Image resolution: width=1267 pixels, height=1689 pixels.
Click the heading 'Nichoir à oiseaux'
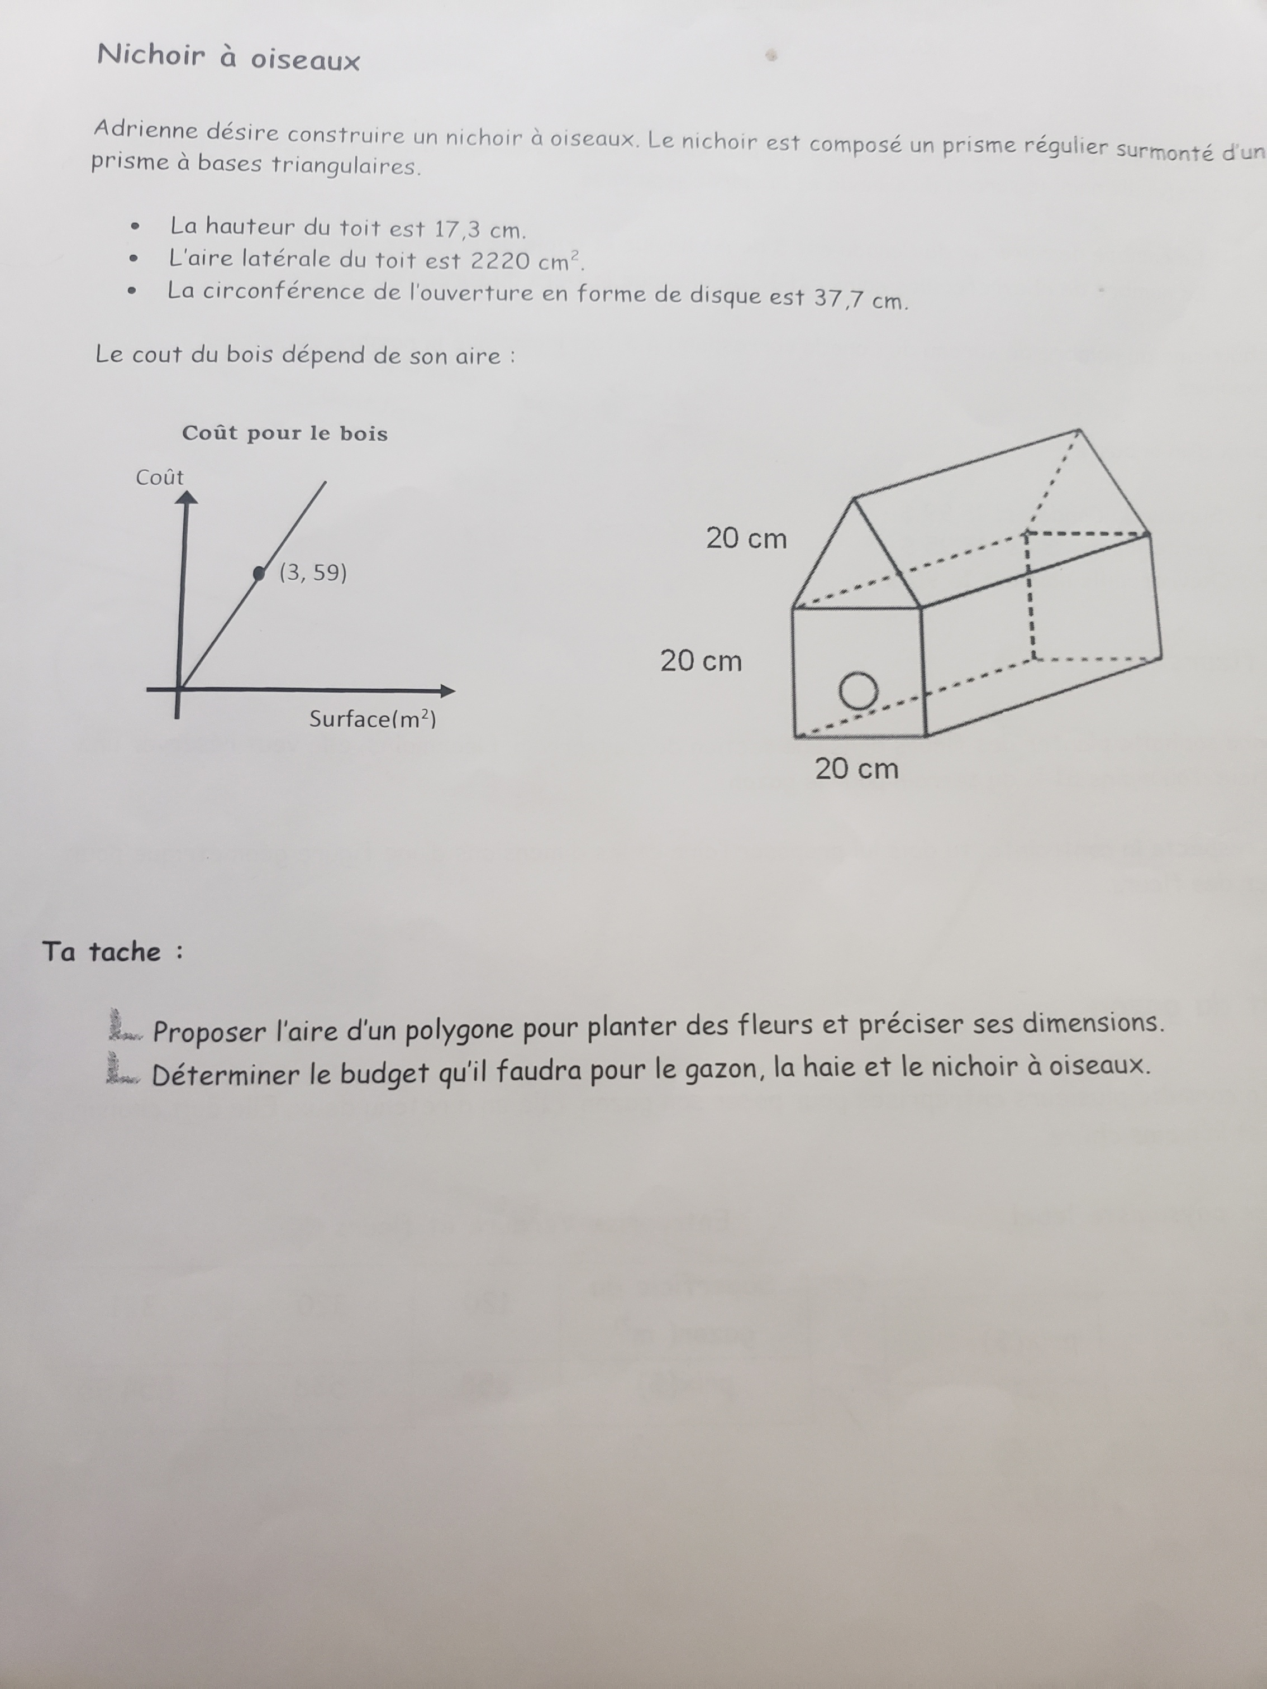[x=227, y=58]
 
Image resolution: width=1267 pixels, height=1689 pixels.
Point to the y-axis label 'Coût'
[x=160, y=478]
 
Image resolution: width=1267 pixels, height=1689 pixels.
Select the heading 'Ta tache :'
[x=112, y=952]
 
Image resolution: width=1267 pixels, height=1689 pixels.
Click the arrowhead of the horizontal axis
[x=447, y=691]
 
